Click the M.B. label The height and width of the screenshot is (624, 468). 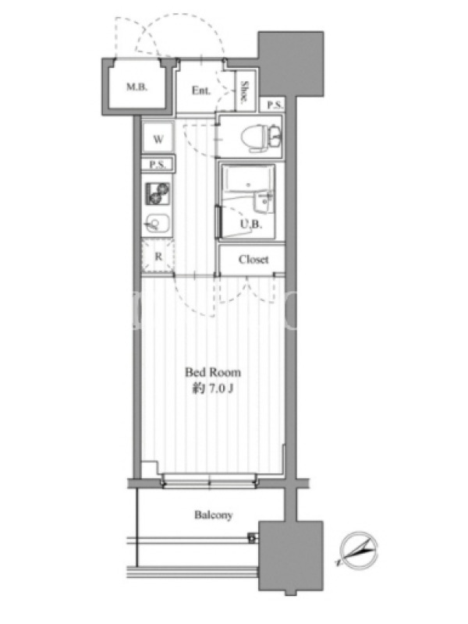click(137, 87)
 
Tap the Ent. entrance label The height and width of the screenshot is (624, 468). click(201, 90)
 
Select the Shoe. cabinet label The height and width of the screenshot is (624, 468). click(244, 92)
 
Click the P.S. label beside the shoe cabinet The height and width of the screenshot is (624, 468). click(275, 105)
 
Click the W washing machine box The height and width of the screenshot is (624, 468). click(158, 137)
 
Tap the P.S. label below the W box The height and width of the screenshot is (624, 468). click(158, 165)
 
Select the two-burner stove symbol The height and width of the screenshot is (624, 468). click(158, 193)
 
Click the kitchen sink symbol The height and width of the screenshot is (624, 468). click(158, 224)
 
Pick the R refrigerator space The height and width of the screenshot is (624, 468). click(158, 257)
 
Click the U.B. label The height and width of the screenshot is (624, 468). click(251, 224)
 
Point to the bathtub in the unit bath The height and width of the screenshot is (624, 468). click(248, 181)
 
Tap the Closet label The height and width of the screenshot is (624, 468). click(253, 260)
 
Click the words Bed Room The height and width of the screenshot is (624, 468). click(213, 373)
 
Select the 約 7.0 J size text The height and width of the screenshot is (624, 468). click(213, 388)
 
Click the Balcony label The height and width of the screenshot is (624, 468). click(213, 515)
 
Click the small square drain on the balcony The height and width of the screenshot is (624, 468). click(252, 539)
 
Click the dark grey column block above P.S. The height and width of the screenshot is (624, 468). click(291, 64)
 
